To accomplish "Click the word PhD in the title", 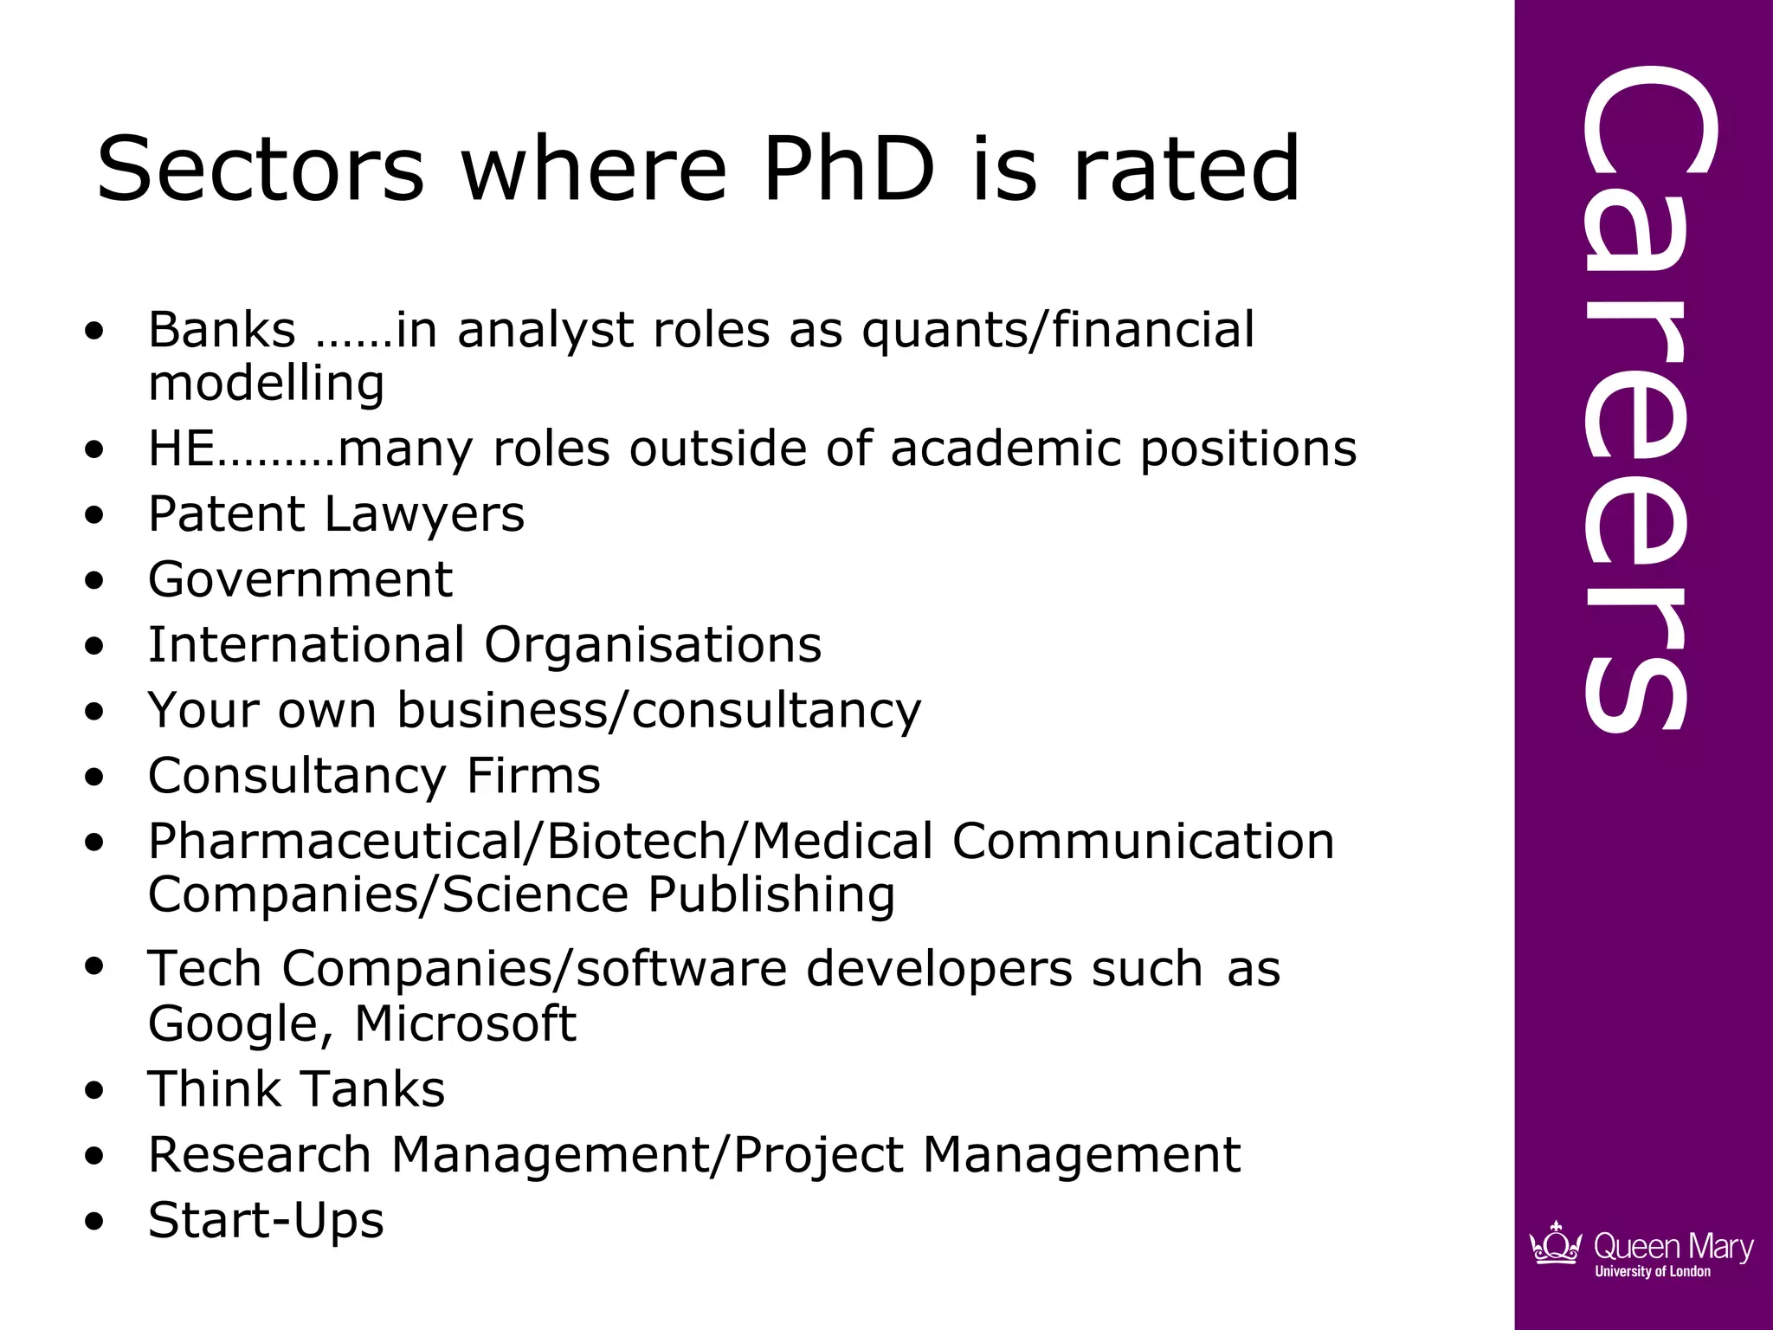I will [849, 169].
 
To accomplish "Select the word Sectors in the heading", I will [261, 169].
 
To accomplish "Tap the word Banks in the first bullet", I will [222, 330].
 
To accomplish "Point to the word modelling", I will [267, 384].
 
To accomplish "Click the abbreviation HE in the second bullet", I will [181, 449].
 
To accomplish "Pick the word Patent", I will [228, 514].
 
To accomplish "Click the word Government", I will [300, 579].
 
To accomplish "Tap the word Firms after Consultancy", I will [533, 776].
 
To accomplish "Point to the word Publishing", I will [771, 895].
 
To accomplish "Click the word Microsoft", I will [465, 1024].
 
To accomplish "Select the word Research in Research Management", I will [260, 1155].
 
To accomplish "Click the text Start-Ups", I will [266, 1221].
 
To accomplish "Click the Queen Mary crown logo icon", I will [1556, 1244].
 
